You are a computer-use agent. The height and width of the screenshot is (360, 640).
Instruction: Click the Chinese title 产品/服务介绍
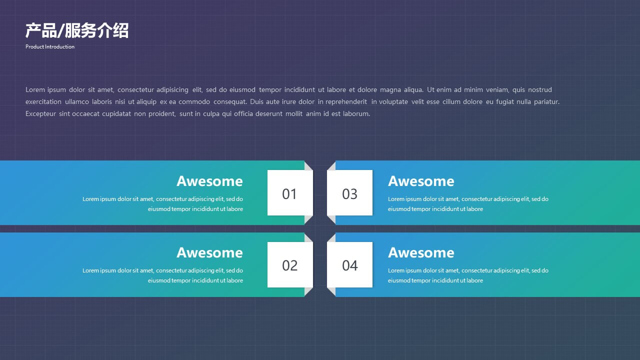pyautogui.click(x=77, y=30)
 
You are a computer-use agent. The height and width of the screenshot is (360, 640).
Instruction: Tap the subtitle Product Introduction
pyautogui.click(x=50, y=46)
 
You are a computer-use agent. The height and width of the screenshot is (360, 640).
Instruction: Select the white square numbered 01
pyautogui.click(x=290, y=193)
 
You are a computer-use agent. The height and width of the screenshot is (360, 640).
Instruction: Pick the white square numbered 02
pyautogui.click(x=290, y=265)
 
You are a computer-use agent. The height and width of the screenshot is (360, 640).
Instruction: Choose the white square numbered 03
pyautogui.click(x=349, y=193)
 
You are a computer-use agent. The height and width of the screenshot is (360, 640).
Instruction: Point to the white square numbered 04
pyautogui.click(x=349, y=265)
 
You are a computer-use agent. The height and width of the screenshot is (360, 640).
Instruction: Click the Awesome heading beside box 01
pyautogui.click(x=209, y=181)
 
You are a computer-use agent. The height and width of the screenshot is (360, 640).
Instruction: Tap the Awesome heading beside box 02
pyautogui.click(x=209, y=252)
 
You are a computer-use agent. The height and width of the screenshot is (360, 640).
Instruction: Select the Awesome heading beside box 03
pyautogui.click(x=421, y=181)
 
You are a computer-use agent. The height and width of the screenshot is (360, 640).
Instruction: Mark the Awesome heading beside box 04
pyautogui.click(x=421, y=252)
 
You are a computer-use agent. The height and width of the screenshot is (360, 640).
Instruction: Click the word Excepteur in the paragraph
pyautogui.click(x=40, y=113)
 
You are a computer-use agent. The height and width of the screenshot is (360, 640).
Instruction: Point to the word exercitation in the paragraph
pyautogui.click(x=43, y=101)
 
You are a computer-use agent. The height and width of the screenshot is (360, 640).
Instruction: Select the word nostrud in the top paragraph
pyautogui.click(x=539, y=89)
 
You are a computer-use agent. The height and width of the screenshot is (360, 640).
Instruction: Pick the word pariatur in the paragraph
pyautogui.click(x=546, y=102)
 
